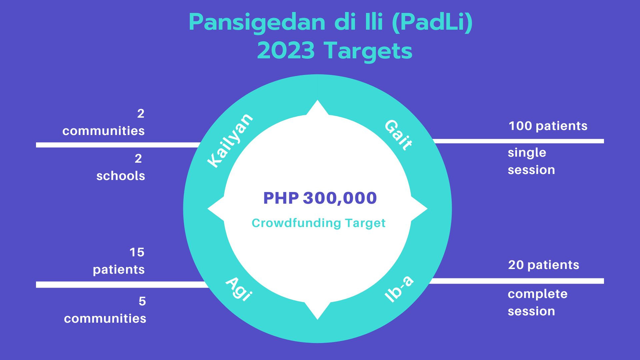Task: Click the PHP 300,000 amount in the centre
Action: pos(320,198)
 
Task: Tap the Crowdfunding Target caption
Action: pos(319,223)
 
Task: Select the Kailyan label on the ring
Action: pos(230,140)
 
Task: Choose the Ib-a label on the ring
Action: pos(399,289)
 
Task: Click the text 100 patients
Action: pos(548,126)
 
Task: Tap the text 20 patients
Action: pos(544,265)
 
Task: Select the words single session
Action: pos(531,161)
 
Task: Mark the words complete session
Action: pos(537,303)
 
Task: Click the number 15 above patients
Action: pos(137,252)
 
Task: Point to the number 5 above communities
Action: pos(142,301)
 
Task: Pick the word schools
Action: pos(121,176)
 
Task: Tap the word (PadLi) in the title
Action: pos(432,22)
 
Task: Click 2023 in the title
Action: pos(286,51)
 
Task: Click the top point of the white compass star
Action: pos(317,100)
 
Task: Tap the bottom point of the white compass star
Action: pos(317,320)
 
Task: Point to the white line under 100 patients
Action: pos(518,141)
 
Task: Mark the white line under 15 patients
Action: pos(122,285)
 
